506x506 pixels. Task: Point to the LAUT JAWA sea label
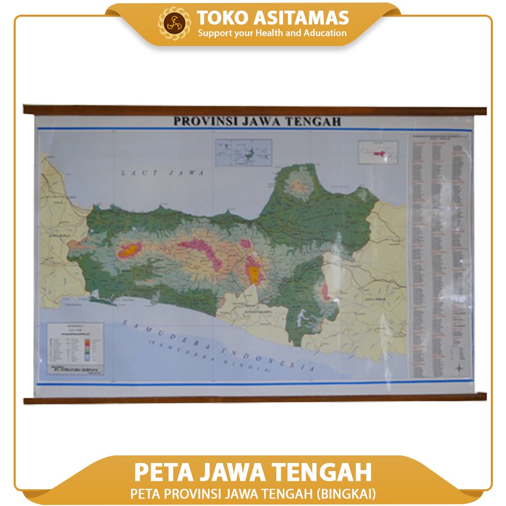(x=162, y=173)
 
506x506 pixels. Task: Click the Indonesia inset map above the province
(x=243, y=152)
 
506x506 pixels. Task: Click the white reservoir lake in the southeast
(x=304, y=316)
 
